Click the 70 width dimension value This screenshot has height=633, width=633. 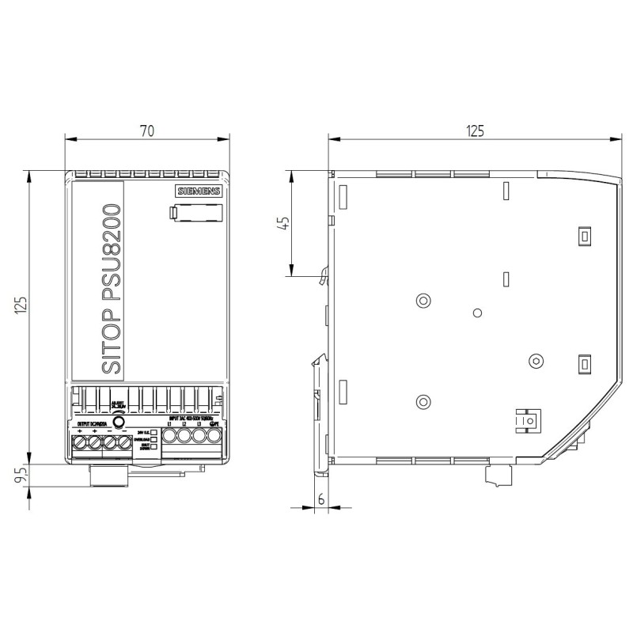click(x=146, y=131)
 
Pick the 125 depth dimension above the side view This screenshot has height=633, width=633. click(x=473, y=131)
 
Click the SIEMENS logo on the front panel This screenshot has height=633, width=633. click(x=199, y=192)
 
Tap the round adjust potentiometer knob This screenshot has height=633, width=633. click(x=119, y=422)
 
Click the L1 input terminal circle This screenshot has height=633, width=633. click(x=170, y=436)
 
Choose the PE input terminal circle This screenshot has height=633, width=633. click(x=212, y=436)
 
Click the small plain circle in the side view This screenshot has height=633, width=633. click(x=477, y=313)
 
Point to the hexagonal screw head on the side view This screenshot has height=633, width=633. click(x=535, y=361)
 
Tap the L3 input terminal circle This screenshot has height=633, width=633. click(x=198, y=436)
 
